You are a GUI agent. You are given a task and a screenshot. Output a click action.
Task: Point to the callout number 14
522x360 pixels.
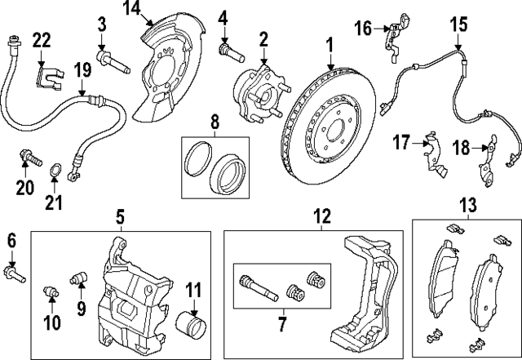point(132,10)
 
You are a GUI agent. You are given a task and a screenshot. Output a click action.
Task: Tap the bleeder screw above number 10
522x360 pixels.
point(50,291)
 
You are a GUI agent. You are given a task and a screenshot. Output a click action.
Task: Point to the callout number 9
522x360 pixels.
point(82,309)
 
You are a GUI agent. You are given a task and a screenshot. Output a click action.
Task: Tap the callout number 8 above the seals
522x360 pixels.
point(215,123)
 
